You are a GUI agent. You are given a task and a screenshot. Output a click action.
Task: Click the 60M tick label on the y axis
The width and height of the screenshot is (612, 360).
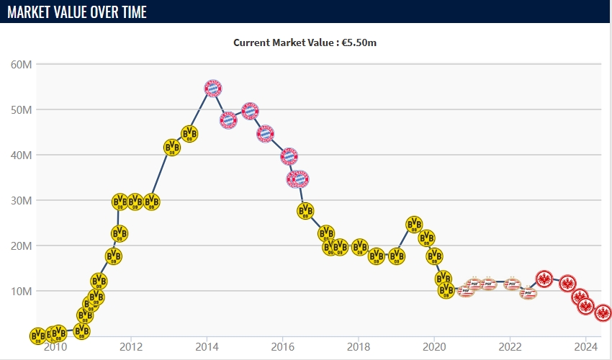pyautogui.click(x=21, y=65)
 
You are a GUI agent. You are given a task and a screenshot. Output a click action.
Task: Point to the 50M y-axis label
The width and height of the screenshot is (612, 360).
pyautogui.click(x=21, y=110)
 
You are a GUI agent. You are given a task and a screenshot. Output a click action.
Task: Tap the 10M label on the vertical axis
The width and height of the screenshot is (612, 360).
pyautogui.click(x=21, y=292)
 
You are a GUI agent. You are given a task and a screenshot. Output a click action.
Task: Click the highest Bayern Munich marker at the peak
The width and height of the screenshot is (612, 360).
pyautogui.click(x=213, y=89)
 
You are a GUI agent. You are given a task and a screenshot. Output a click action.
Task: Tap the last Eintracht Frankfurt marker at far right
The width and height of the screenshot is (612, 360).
pyautogui.click(x=603, y=313)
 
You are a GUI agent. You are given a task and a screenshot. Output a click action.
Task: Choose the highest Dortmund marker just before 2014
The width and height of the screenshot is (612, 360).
pyautogui.click(x=189, y=134)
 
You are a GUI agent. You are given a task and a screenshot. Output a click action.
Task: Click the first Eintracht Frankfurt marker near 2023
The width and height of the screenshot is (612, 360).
pyautogui.click(x=545, y=279)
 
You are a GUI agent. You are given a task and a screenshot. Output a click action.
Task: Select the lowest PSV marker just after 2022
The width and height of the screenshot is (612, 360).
pyautogui.click(x=528, y=293)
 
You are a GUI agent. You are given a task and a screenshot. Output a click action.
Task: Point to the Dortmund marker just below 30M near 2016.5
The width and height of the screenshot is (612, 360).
pyautogui.click(x=306, y=210)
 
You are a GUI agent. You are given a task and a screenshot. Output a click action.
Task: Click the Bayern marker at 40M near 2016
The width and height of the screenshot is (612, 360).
pyautogui.click(x=289, y=156)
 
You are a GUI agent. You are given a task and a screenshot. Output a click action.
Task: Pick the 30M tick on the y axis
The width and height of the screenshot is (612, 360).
pyautogui.click(x=21, y=201)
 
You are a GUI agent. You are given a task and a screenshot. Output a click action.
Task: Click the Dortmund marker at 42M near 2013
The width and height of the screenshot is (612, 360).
pyautogui.click(x=172, y=148)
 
